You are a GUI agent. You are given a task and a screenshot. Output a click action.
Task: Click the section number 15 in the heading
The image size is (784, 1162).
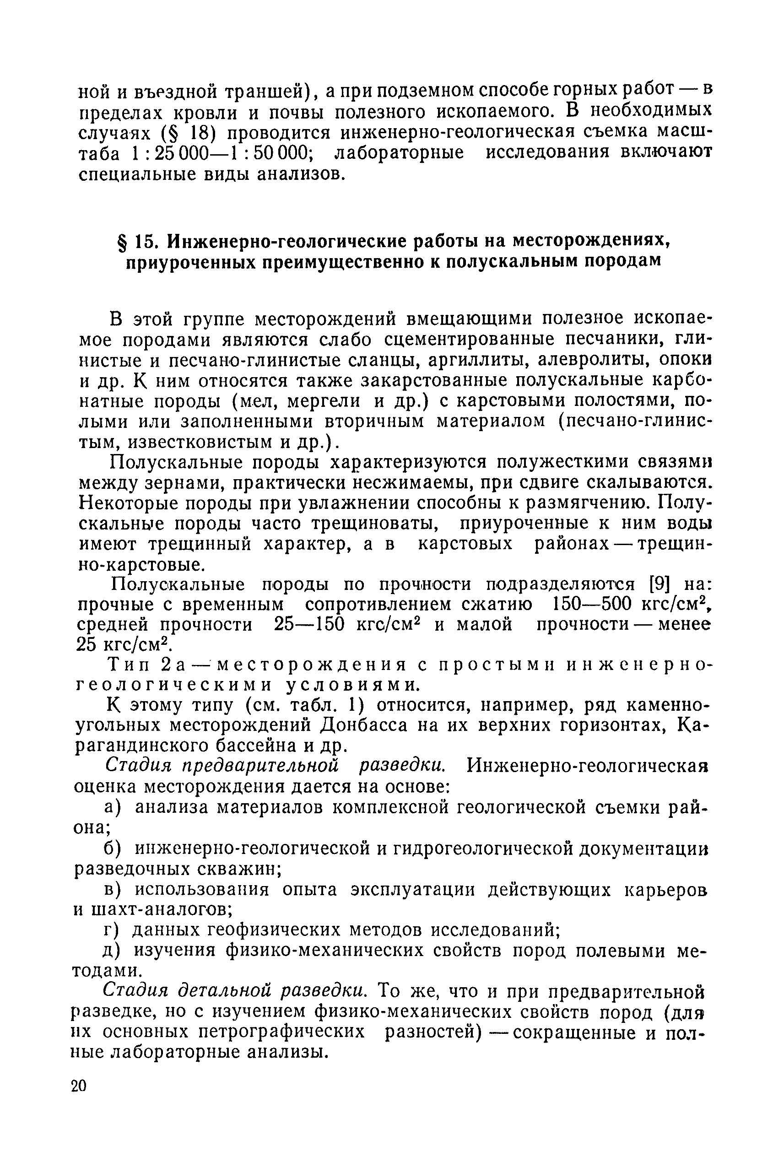pyautogui.click(x=143, y=242)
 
